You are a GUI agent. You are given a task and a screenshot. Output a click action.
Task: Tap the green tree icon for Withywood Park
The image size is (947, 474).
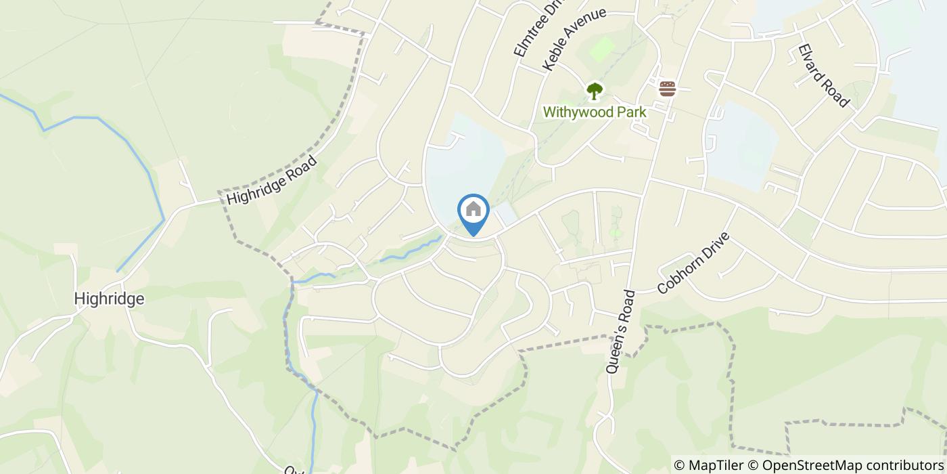click(594, 91)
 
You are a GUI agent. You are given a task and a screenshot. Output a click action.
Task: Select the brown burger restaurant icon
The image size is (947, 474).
click(668, 89)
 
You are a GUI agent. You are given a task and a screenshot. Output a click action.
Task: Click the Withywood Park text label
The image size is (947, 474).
click(595, 112)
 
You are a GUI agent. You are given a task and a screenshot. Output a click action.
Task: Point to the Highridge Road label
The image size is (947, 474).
click(271, 180)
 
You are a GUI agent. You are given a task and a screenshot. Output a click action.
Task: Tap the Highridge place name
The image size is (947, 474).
click(109, 299)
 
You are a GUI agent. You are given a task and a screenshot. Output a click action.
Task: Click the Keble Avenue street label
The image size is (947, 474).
click(574, 39)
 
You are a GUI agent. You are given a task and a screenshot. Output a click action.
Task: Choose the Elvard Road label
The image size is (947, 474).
click(823, 75)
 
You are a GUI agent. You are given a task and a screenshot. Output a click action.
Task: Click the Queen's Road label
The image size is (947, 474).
click(621, 323)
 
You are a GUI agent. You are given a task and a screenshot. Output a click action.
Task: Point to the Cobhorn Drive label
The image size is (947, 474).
click(694, 263)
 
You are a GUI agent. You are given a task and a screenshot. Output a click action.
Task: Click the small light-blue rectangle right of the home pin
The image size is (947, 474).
click(506, 216)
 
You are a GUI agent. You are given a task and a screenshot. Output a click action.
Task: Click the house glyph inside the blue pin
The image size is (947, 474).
click(473, 209)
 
